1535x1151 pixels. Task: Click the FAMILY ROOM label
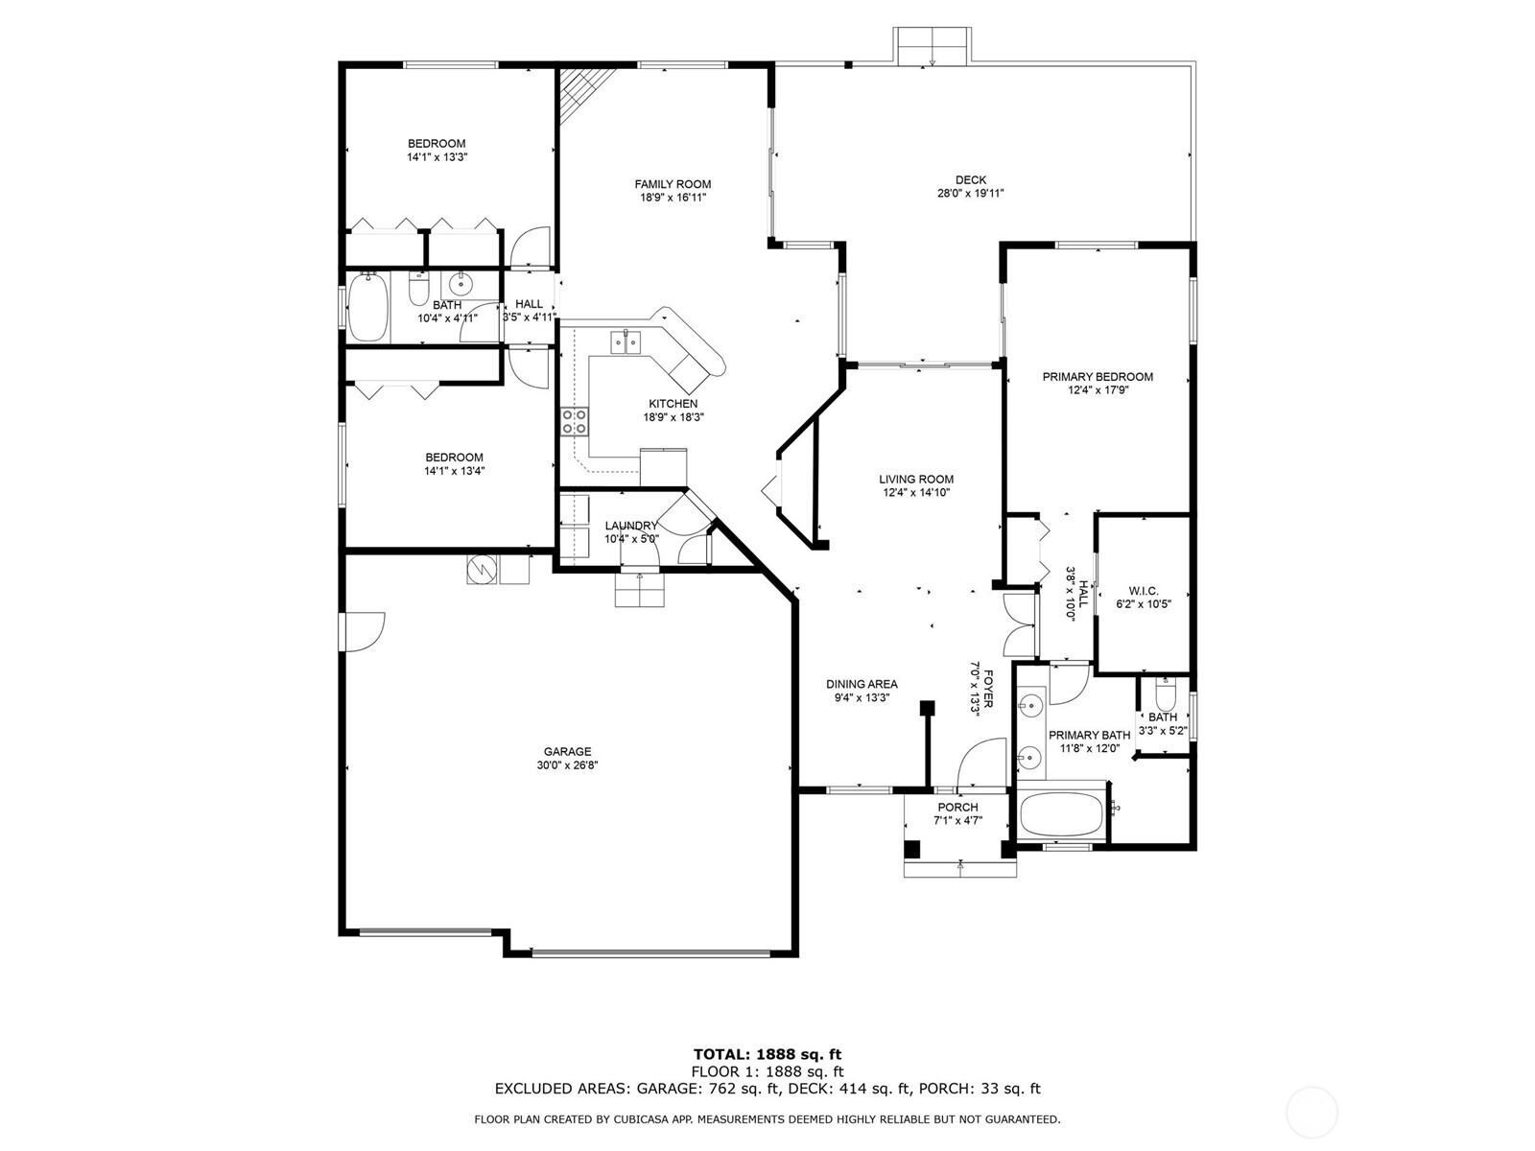click(673, 184)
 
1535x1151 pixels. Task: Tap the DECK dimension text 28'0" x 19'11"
click(970, 193)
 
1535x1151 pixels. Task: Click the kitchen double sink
click(626, 341)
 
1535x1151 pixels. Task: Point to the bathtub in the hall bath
click(367, 307)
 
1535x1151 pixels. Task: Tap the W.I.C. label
click(1143, 591)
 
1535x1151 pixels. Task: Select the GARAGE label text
click(568, 752)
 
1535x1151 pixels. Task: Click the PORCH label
click(957, 808)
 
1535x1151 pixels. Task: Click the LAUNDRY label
click(631, 526)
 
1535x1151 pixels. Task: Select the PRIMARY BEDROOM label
click(1098, 377)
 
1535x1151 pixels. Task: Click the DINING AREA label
click(862, 684)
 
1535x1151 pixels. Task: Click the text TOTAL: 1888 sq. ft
click(767, 1054)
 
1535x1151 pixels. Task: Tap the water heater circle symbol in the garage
click(481, 570)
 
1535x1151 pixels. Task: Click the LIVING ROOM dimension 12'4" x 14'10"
click(916, 493)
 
